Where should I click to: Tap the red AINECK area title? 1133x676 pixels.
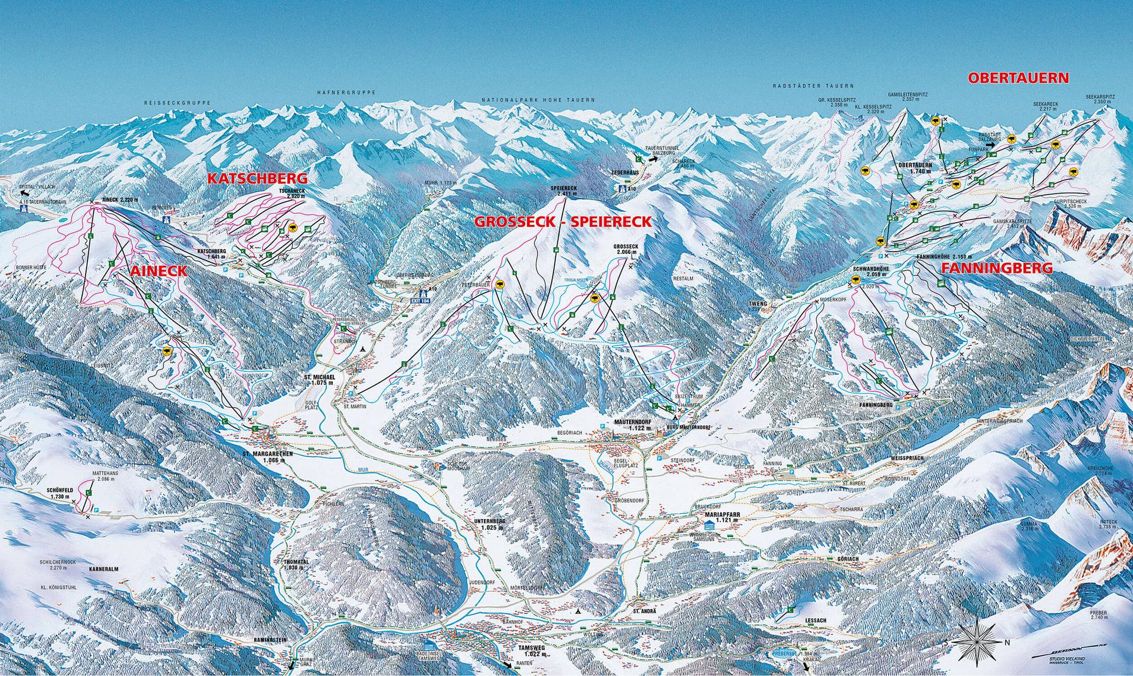click(x=158, y=272)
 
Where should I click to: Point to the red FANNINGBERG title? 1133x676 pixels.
click(x=997, y=268)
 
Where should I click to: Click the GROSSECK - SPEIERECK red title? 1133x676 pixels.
click(x=564, y=222)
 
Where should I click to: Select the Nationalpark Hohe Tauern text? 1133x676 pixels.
click(x=538, y=100)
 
